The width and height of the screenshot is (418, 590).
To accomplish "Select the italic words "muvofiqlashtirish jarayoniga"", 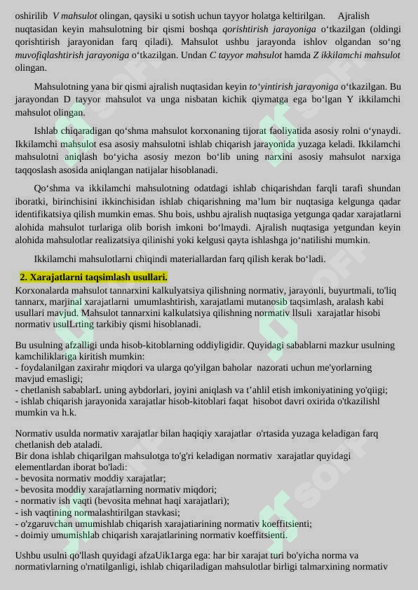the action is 72,55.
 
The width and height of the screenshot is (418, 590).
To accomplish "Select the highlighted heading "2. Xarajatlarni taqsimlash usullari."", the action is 93,277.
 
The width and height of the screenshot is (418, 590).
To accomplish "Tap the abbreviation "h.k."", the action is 68,413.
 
